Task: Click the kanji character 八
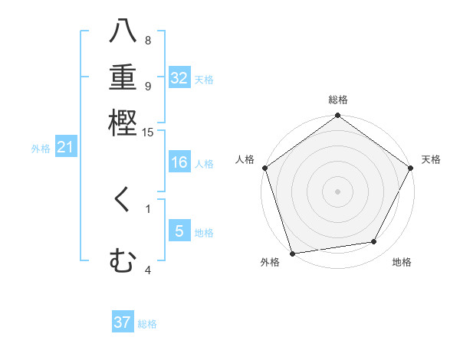[x=123, y=32]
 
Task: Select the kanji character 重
[x=123, y=77]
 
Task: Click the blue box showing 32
[x=179, y=78]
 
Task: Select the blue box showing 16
[x=179, y=163]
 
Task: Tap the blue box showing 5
[x=179, y=231]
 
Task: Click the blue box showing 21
[x=64, y=148]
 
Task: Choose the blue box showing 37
[x=123, y=322]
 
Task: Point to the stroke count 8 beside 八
[x=148, y=40]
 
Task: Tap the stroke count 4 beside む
[x=148, y=270]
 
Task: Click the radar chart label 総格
[x=338, y=100]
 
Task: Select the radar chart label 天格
[x=431, y=159]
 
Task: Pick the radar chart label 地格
[x=402, y=262]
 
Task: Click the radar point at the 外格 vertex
[x=293, y=253]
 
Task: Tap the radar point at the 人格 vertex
[x=265, y=168]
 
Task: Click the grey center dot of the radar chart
[x=338, y=191]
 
